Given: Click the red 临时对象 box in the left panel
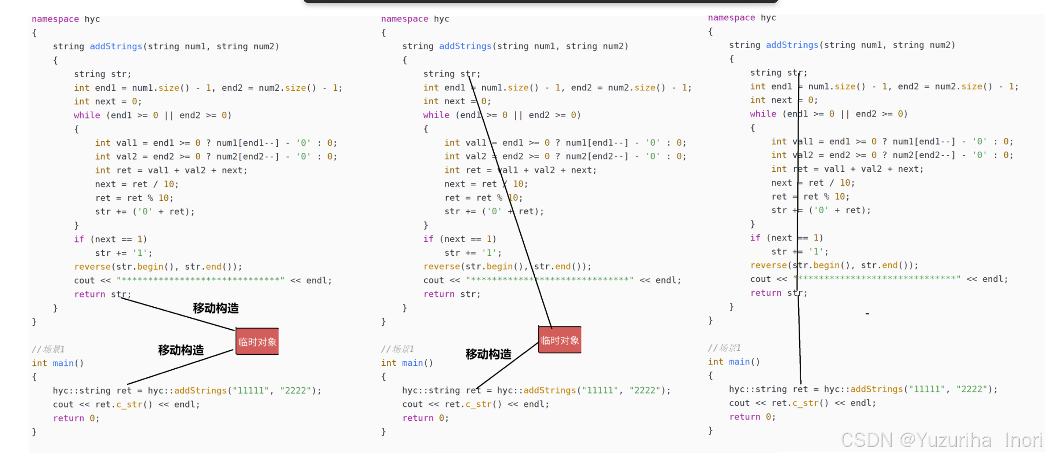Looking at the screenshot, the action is pyautogui.click(x=257, y=341).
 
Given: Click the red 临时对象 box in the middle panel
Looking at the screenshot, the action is pyautogui.click(x=560, y=340).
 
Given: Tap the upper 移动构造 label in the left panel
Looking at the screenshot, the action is pyautogui.click(x=215, y=308).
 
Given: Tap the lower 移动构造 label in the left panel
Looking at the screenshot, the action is pyautogui.click(x=181, y=350).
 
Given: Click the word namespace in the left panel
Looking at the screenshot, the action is pyautogui.click(x=55, y=19).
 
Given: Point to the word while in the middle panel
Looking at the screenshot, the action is pyautogui.click(x=436, y=115).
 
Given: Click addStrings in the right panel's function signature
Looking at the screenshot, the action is pyautogui.click(x=792, y=45).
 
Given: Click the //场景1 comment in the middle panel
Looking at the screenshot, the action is pyautogui.click(x=397, y=349).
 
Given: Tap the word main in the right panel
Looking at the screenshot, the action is pyautogui.click(x=739, y=362).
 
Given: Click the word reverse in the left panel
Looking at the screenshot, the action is pyautogui.click(x=92, y=267).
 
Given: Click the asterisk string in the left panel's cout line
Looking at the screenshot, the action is pyautogui.click(x=201, y=280).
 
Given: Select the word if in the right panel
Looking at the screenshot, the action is pyautogui.click(x=755, y=238).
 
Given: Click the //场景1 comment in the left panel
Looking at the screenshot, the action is pyautogui.click(x=48, y=349).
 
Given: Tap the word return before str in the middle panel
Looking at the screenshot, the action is pyautogui.click(x=439, y=294).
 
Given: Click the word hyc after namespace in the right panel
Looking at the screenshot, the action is pyautogui.click(x=768, y=18).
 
